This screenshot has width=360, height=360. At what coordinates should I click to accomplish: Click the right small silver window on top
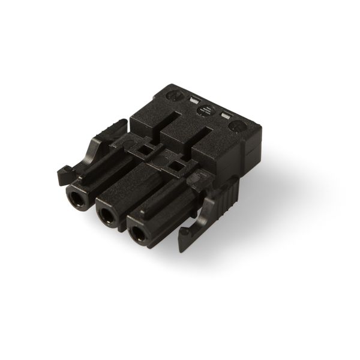point(226,115)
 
